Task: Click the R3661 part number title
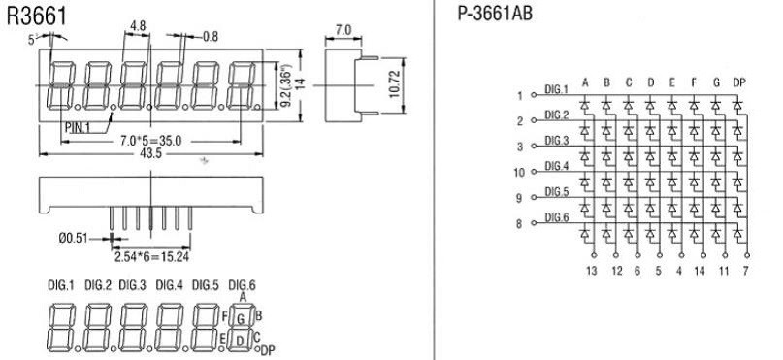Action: point(37,16)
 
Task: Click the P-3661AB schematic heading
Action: point(495,14)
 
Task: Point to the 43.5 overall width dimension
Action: point(151,153)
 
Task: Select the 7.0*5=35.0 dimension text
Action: point(150,142)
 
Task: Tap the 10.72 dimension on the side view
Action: point(395,84)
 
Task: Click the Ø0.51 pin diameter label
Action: point(74,239)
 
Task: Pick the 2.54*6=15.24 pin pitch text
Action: point(151,257)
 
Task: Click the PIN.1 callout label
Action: point(77,127)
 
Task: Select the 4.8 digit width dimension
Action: point(138,26)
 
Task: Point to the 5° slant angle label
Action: point(33,40)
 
